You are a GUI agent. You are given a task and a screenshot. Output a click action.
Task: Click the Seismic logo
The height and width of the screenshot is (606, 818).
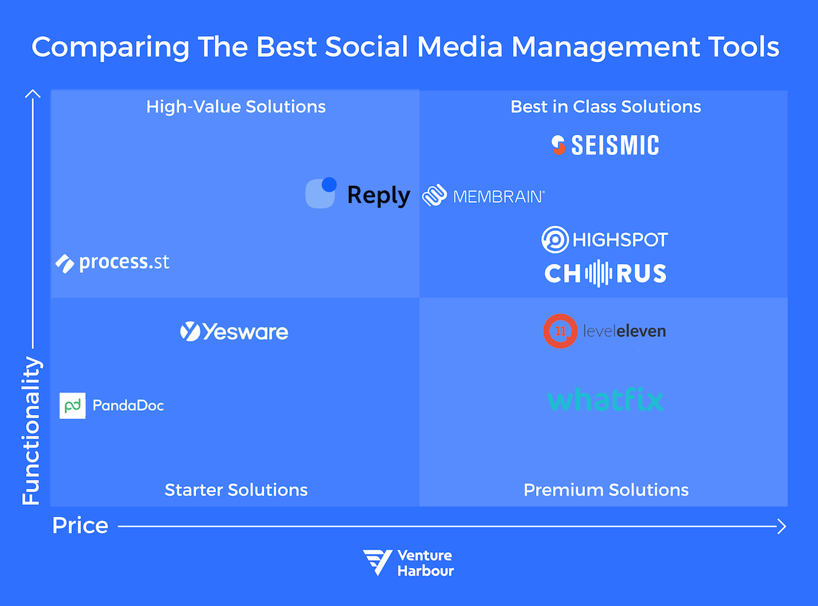coord(605,145)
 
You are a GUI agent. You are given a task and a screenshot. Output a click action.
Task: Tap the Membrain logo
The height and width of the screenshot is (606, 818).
coord(484,196)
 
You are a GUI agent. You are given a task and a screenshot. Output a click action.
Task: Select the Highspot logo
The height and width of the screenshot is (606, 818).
coord(605,240)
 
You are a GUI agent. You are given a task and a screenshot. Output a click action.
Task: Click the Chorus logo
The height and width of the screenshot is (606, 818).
coord(605,274)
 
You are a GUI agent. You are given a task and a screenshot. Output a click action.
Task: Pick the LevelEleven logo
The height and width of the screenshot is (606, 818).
coord(605,331)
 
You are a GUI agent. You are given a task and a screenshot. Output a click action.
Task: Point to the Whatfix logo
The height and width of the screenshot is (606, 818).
coord(605,400)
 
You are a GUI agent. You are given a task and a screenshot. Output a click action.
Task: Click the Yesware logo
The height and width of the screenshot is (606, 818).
coord(234,332)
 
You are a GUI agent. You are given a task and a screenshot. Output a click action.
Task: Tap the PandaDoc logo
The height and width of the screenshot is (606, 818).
coord(112,406)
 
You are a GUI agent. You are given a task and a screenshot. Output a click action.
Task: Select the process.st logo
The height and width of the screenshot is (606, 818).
coord(113,263)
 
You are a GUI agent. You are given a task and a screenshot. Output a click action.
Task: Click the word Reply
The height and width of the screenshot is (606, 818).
coord(378,195)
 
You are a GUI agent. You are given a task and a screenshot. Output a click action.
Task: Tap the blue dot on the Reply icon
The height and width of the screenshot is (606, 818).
coord(329,185)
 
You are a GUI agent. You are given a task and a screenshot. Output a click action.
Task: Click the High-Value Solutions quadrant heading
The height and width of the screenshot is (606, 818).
coord(236,107)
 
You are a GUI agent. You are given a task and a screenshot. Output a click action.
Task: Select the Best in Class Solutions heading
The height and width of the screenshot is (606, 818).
coord(605,107)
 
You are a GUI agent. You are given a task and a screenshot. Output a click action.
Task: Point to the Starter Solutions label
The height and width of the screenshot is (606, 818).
coord(236,490)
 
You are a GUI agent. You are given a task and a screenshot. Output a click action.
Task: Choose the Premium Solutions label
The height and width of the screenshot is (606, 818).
coord(606,490)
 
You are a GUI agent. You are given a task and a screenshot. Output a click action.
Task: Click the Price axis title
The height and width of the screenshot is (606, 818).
coord(80,526)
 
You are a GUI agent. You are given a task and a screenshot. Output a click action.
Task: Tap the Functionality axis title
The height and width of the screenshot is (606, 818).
coord(31,431)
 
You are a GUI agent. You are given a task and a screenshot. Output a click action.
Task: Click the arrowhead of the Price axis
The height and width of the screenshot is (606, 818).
coord(781,526)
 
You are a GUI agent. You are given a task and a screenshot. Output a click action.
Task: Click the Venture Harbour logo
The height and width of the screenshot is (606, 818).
coord(408,563)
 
